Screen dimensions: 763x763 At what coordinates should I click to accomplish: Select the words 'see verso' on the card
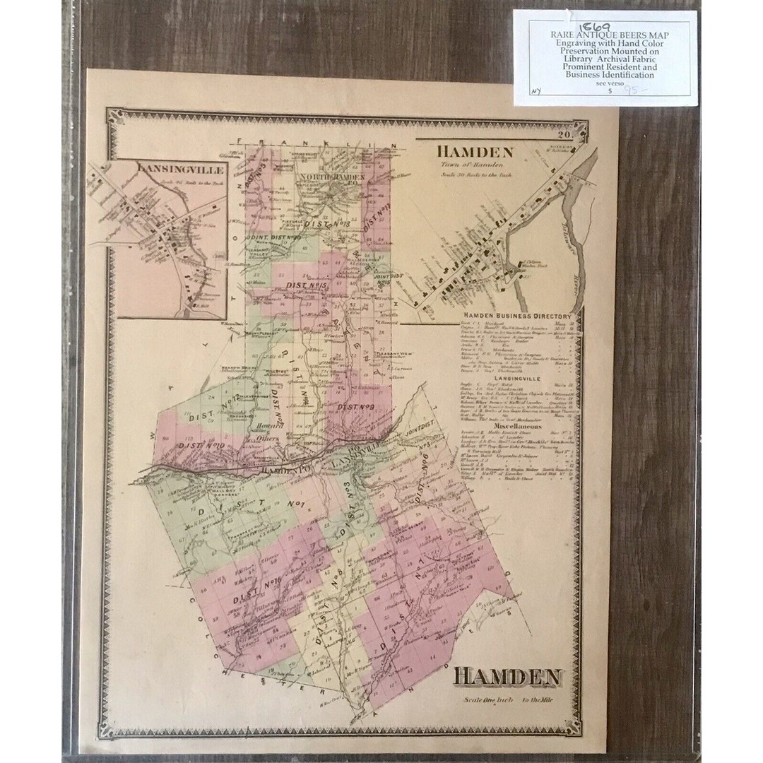tap(605, 83)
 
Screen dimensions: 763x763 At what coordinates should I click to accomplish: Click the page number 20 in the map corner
tap(563, 136)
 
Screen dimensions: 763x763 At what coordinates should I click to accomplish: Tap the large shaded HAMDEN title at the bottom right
tap(507, 676)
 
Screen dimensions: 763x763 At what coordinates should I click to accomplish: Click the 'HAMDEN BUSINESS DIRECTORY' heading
tap(516, 316)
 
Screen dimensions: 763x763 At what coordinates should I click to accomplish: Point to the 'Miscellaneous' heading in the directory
tap(517, 427)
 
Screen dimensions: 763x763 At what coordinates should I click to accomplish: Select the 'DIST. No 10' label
tap(201, 446)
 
